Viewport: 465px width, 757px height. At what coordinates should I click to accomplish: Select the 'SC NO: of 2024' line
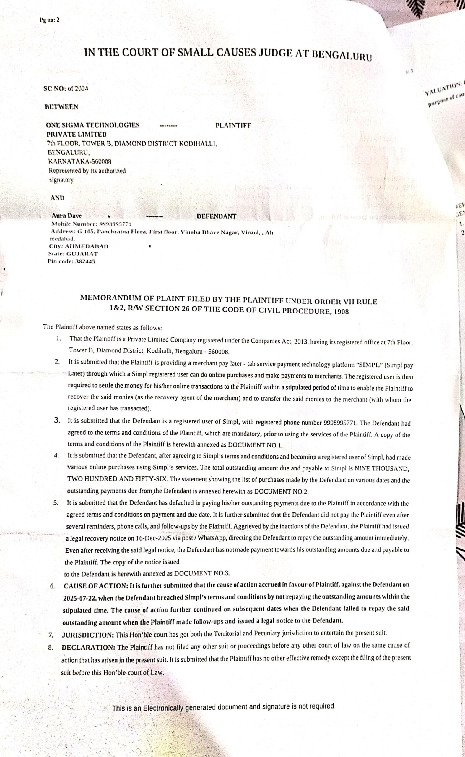(x=66, y=89)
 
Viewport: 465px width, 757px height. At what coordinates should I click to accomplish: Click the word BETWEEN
(x=61, y=107)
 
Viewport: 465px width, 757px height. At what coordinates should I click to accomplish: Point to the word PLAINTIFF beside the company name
(x=233, y=125)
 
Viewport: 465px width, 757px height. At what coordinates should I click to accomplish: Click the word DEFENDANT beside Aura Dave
(x=217, y=216)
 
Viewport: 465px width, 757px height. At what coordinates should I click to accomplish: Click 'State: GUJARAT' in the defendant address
(x=73, y=254)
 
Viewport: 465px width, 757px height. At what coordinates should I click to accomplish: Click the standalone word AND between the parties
(x=57, y=198)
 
